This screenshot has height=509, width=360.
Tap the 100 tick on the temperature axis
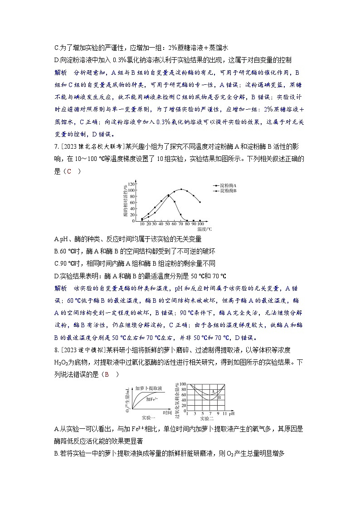(200, 224)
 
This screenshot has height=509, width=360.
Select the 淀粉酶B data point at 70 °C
(181, 189)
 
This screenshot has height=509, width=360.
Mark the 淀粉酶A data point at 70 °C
(181, 215)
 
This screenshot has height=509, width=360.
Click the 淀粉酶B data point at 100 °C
(200, 202)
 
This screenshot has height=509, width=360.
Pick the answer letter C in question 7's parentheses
(69, 171)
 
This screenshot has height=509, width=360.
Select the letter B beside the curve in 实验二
(219, 397)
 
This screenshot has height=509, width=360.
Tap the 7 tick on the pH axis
(209, 413)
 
